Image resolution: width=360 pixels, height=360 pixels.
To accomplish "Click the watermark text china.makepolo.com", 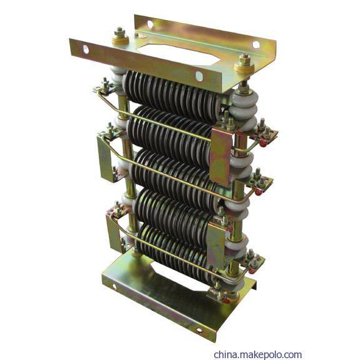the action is coord(257,354).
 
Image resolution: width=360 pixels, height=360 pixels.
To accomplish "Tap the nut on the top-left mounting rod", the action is coord(120,33).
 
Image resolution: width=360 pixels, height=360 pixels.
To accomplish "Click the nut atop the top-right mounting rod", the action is coord(245,60).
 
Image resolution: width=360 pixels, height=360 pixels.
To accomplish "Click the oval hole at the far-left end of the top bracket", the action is coord(86,49).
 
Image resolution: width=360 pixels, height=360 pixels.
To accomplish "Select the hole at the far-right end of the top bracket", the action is coord(256,45).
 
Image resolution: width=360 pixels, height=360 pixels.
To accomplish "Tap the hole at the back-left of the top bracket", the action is coord(150,24).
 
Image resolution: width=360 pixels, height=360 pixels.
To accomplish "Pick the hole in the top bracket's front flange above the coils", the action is coord(199,76).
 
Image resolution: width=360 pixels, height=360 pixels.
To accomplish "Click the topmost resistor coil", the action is coord(173,96).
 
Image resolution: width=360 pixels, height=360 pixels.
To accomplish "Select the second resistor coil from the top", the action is coord(170,133).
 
